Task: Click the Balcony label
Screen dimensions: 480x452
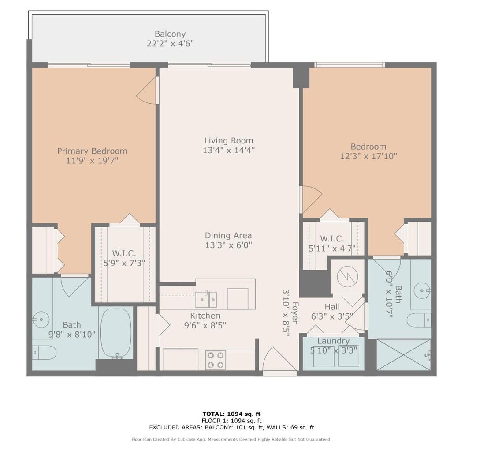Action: (x=170, y=34)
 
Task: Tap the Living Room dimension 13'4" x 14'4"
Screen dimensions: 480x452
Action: (x=229, y=150)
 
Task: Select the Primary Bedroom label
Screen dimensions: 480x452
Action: (x=92, y=151)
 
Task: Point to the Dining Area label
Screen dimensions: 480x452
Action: (x=228, y=236)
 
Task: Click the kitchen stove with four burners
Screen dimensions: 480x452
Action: (x=215, y=360)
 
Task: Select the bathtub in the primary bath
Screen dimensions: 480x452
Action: (x=116, y=333)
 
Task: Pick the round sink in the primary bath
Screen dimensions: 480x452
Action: (x=41, y=320)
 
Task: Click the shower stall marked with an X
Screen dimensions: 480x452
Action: (x=403, y=355)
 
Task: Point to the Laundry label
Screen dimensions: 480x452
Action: (x=333, y=341)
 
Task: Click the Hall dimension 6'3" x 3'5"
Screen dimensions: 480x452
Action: (x=332, y=316)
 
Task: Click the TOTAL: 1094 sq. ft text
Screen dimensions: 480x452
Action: (x=232, y=414)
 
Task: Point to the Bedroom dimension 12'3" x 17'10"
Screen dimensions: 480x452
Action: (x=368, y=156)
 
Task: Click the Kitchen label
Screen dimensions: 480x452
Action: (x=205, y=316)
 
